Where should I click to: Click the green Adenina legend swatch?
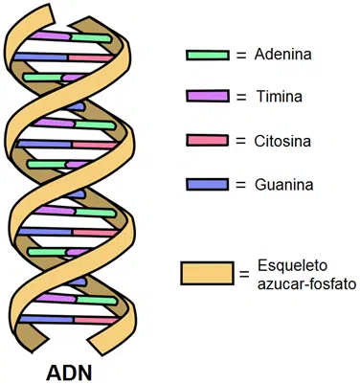pos(208,55)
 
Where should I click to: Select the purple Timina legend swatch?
pos(208,97)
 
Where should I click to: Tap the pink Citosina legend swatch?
pos(208,140)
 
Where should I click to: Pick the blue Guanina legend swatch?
pos(208,183)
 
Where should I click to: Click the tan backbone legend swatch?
pos(207,272)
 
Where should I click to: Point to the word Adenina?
pos(287,55)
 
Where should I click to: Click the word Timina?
pos(281,97)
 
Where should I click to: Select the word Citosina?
pos(285,140)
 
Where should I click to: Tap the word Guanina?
pos(286,183)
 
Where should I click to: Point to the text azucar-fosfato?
pos(305,284)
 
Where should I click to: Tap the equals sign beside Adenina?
pos(240,55)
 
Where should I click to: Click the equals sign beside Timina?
pos(240,97)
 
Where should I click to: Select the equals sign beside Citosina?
pos(240,140)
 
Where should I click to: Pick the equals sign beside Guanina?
pos(240,183)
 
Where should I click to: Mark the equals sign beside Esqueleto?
pos(247,268)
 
